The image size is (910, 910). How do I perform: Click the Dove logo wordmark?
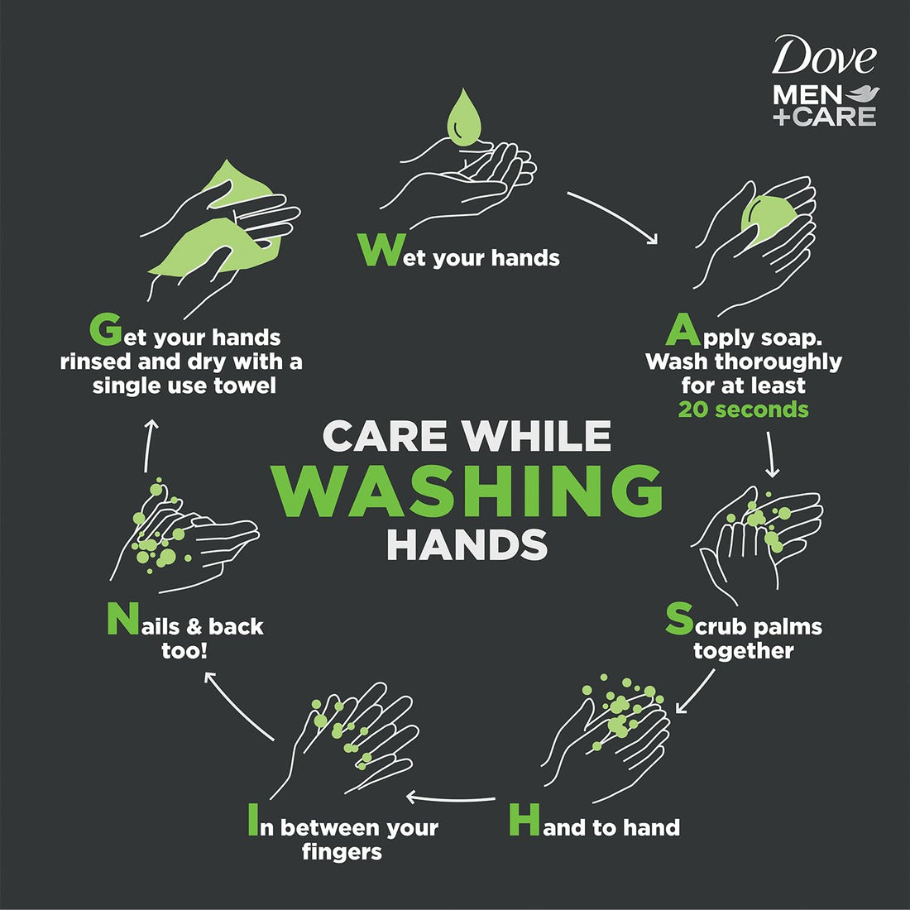[x=823, y=58]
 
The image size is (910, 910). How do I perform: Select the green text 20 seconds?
[x=743, y=409]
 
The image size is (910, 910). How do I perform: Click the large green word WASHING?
[x=468, y=491]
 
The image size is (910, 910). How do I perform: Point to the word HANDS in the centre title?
[x=467, y=544]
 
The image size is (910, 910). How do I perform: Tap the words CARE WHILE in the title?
[x=467, y=436]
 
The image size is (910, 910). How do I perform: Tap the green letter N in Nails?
[x=121, y=620]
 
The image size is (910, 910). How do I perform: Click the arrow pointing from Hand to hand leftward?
[x=450, y=798]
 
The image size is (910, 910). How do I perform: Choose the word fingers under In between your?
[x=342, y=851]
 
